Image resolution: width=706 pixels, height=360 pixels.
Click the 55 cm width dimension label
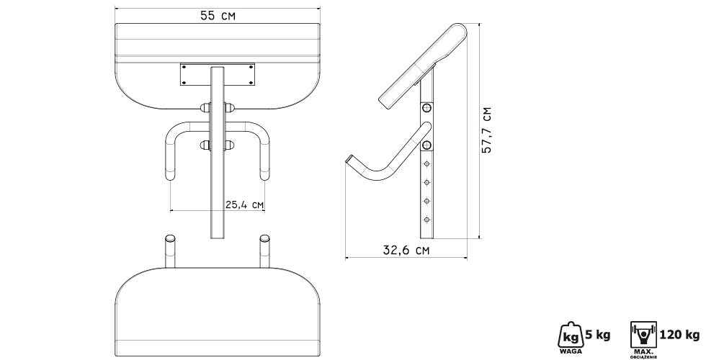click(218, 16)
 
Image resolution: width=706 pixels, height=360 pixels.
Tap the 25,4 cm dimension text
click(244, 204)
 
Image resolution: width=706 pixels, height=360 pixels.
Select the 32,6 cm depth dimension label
click(406, 251)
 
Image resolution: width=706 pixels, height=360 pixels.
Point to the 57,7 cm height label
click(486, 130)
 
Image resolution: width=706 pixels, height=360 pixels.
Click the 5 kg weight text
click(597, 335)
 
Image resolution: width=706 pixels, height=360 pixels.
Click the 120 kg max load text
click(679, 335)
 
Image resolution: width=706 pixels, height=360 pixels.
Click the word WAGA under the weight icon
click(571, 351)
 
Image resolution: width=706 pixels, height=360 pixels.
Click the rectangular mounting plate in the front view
click(218, 74)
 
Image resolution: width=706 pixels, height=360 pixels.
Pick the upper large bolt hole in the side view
click(426, 109)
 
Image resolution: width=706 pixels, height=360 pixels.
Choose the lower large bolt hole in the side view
click(426, 145)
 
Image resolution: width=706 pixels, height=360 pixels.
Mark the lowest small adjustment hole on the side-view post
click(426, 220)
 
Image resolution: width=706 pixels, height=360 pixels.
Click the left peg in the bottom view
click(170, 251)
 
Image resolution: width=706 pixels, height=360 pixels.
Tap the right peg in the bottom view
click(265, 251)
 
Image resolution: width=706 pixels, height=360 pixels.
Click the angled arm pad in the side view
click(424, 66)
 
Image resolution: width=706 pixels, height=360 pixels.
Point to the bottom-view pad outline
click(218, 311)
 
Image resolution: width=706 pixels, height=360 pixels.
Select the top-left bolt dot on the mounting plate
click(184, 67)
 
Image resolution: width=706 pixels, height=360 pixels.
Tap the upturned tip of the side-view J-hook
click(350, 159)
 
